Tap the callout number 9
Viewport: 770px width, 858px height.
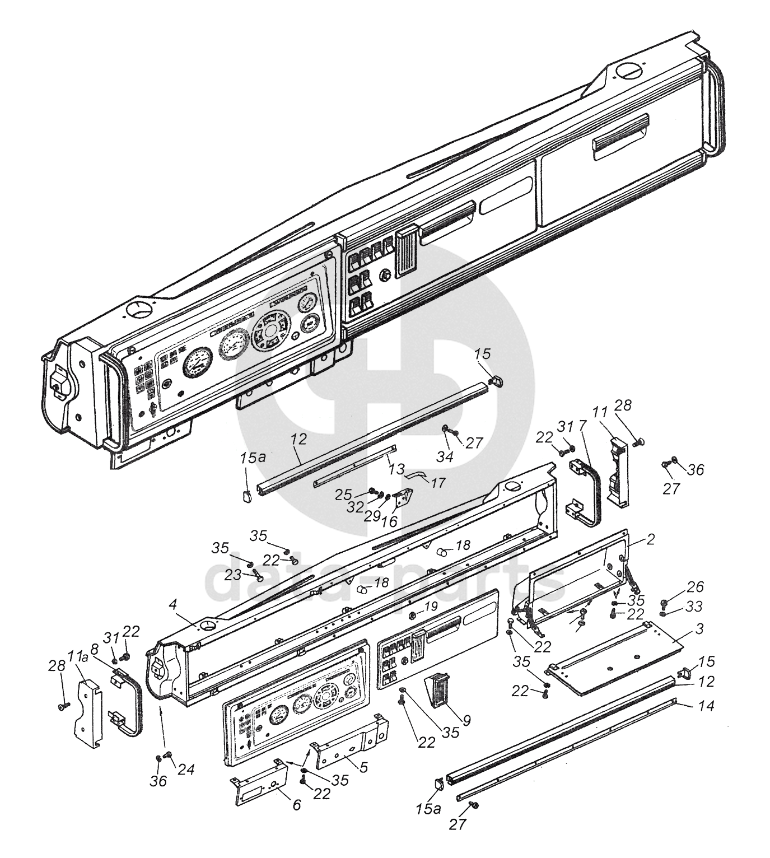tap(466, 720)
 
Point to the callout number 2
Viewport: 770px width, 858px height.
tap(651, 539)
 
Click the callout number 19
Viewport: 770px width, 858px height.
tap(431, 607)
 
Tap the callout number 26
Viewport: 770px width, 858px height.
tap(695, 586)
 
